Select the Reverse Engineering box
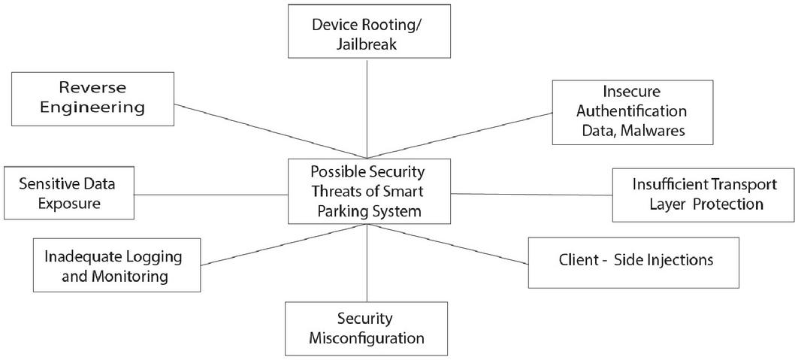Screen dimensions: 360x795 [92, 98]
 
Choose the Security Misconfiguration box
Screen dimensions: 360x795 [366, 328]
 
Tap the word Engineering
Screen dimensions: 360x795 [92, 107]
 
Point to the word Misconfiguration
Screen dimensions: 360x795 [366, 337]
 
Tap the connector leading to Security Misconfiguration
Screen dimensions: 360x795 [366, 263]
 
